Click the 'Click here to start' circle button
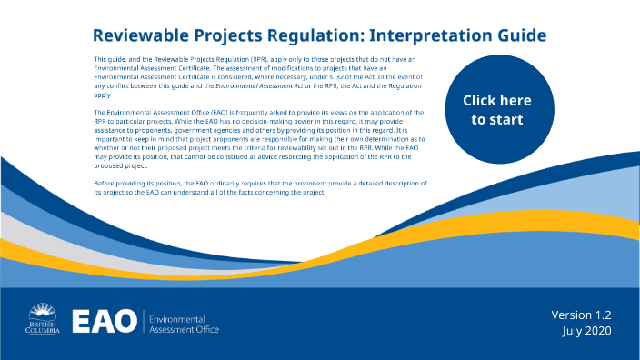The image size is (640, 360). (x=496, y=109)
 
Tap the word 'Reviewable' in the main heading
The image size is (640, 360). (x=144, y=36)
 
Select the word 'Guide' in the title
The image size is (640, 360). (x=515, y=36)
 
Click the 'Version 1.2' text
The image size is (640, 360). (x=581, y=315)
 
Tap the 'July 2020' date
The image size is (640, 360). (x=586, y=331)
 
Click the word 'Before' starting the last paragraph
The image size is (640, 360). (x=105, y=183)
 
